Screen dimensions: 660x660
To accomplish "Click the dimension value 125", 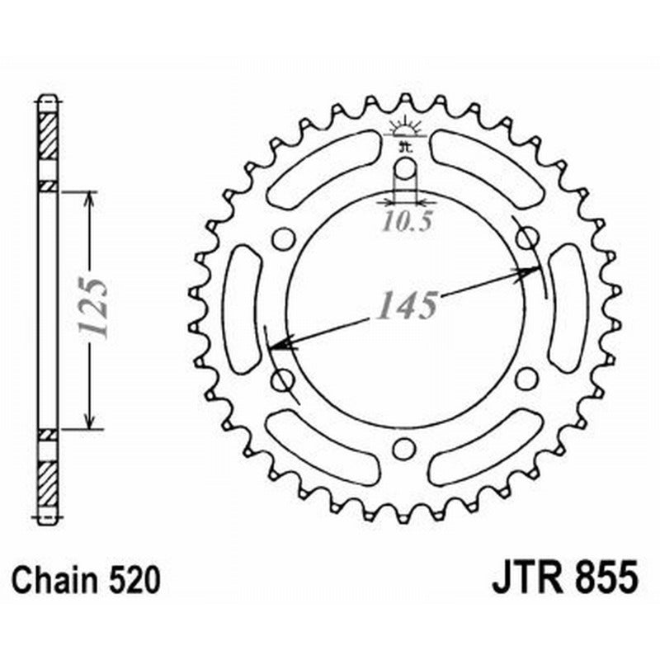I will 93,307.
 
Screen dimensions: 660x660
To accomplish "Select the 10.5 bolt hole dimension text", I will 404,222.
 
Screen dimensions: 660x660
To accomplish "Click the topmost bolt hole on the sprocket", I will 404,170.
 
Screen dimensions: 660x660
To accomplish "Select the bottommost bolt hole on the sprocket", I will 403,449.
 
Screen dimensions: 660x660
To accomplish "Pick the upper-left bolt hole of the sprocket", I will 283,239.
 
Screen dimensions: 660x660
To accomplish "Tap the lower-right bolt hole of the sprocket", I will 526,379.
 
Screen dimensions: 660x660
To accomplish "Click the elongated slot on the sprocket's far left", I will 242,309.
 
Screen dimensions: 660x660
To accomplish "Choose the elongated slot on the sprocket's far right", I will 567,309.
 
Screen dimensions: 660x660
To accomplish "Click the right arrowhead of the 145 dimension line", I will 531,271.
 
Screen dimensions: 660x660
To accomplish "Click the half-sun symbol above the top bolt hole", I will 404,128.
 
